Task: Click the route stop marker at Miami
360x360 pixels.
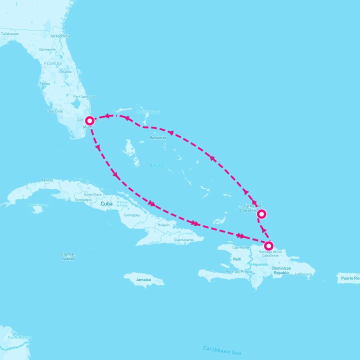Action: [89, 120]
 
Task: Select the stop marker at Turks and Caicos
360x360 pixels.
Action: [261, 214]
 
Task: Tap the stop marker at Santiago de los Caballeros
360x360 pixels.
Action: [269, 245]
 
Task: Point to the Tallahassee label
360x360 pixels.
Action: [9, 33]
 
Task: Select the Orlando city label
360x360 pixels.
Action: [65, 71]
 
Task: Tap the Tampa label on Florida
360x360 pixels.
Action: [45, 83]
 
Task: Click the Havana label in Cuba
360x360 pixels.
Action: [46, 180]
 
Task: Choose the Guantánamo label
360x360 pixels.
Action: [183, 240]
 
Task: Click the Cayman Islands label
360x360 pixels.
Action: [68, 256]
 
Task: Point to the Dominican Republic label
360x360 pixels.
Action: [282, 271]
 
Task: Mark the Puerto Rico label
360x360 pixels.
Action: [349, 276]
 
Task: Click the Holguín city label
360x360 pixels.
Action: [163, 225]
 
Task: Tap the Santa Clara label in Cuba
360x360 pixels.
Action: [93, 194]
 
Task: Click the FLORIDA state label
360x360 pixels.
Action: [52, 64]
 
